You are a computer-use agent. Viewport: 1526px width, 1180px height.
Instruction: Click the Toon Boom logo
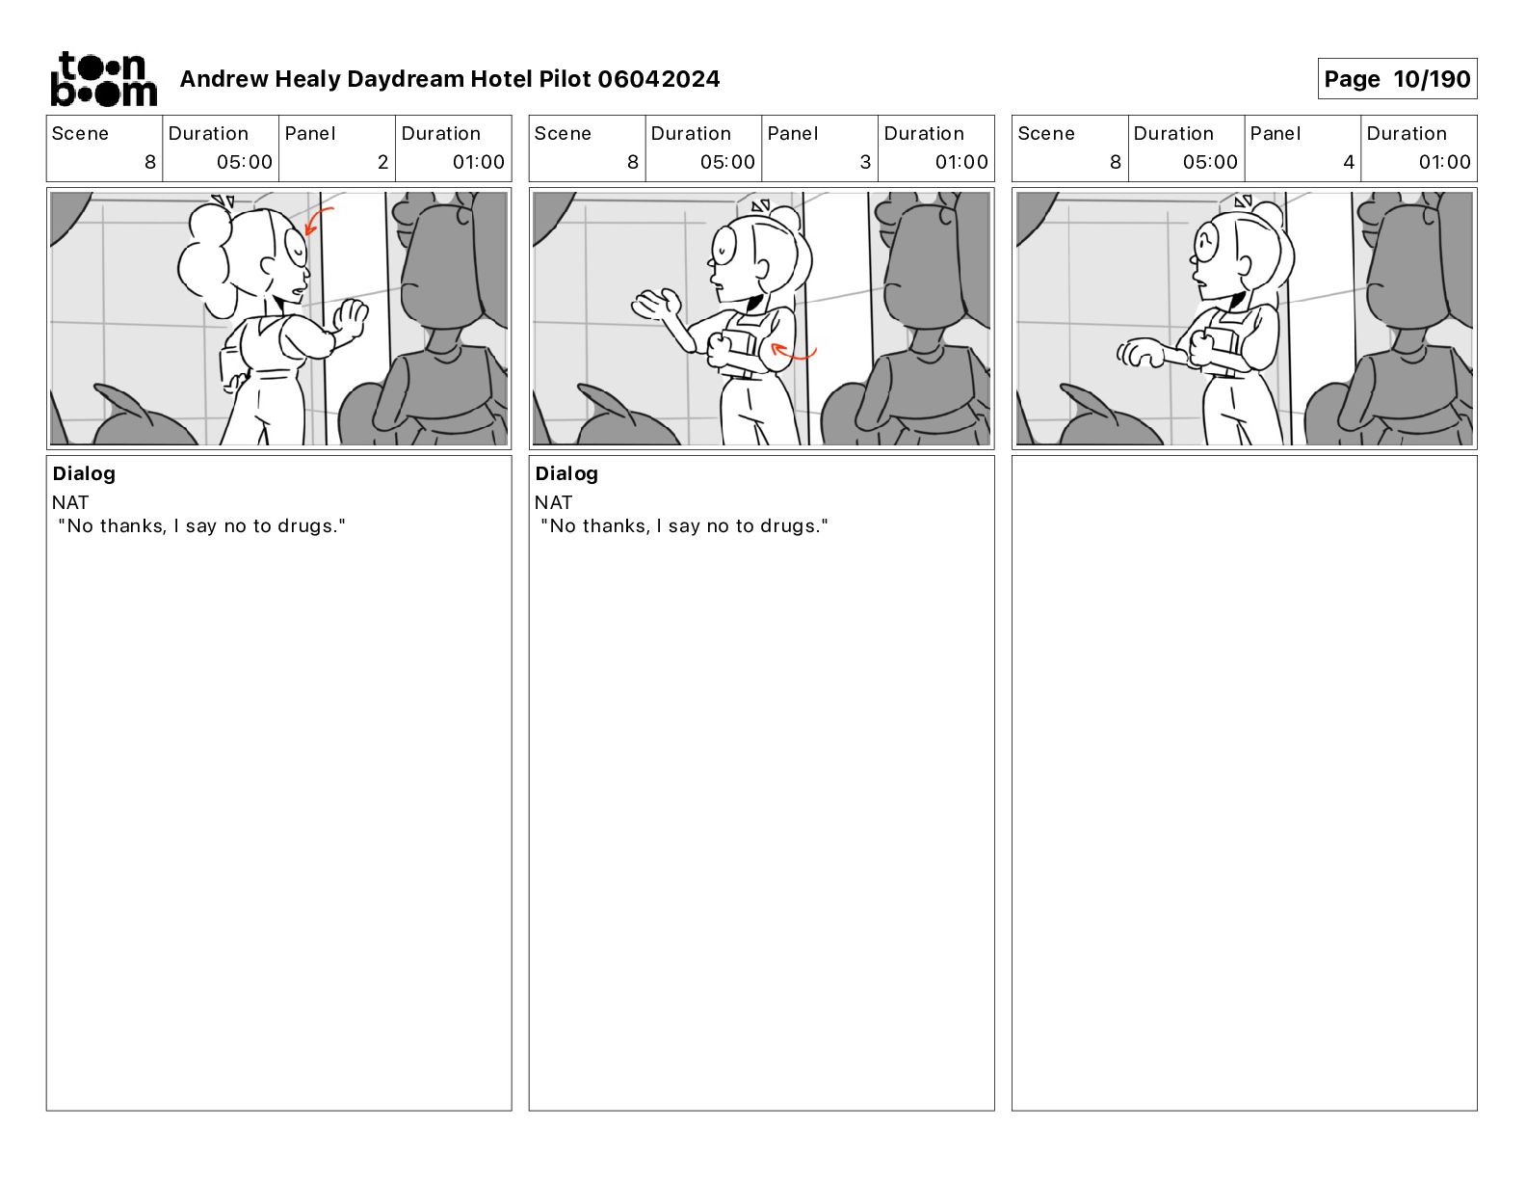(x=104, y=79)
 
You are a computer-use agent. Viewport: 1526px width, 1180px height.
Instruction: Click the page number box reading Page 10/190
(x=1397, y=79)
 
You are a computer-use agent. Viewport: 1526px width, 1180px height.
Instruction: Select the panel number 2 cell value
(x=382, y=162)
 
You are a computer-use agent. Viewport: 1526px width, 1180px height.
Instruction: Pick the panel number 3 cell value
(x=865, y=162)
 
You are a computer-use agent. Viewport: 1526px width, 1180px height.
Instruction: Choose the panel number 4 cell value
(x=1349, y=162)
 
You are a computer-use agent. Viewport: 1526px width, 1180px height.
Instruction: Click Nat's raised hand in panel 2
(x=350, y=318)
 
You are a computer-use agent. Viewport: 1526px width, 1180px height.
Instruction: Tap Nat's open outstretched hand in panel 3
(x=657, y=305)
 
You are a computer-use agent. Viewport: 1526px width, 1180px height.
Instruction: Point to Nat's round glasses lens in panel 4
(x=1206, y=243)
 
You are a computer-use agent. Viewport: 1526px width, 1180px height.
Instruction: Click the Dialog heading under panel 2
(x=84, y=473)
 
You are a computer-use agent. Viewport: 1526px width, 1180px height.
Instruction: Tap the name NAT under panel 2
(x=70, y=502)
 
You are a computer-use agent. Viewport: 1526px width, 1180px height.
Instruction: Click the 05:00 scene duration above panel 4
(x=1210, y=162)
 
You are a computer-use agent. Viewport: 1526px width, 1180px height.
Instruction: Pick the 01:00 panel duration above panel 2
(x=478, y=162)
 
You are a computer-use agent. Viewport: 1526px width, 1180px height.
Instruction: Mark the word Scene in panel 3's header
(x=563, y=134)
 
